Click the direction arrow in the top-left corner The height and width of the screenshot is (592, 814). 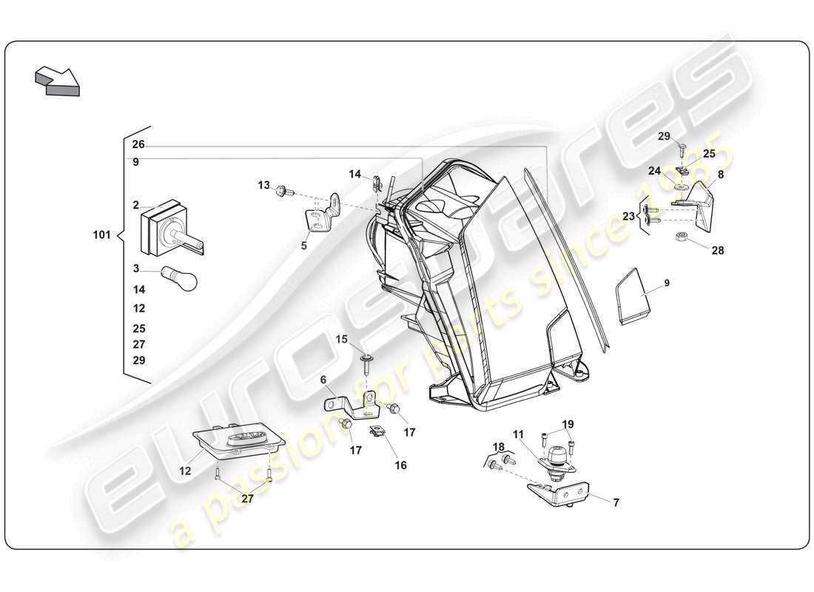click(x=56, y=80)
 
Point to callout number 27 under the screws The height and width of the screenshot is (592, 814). click(x=247, y=499)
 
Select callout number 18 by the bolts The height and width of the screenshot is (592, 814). click(x=499, y=447)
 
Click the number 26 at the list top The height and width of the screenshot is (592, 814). click(x=138, y=144)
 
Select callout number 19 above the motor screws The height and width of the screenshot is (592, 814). click(x=568, y=424)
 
